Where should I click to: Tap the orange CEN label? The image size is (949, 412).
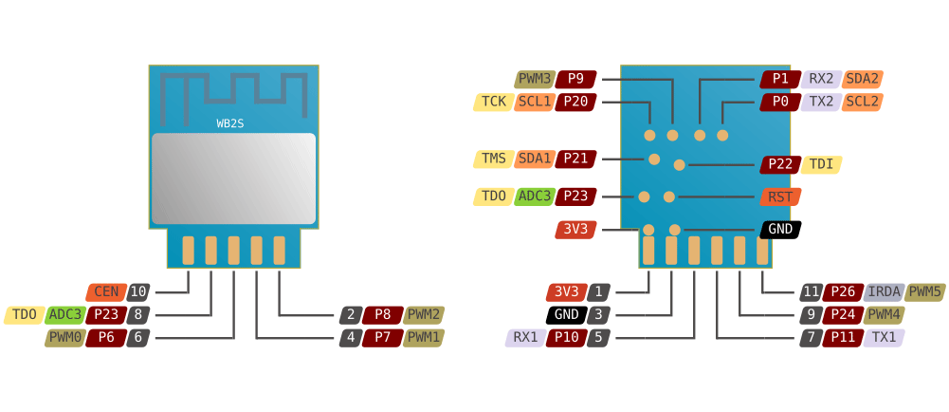click(106, 291)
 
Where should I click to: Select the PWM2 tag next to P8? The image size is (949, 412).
click(424, 314)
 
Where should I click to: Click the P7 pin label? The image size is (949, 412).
click(382, 337)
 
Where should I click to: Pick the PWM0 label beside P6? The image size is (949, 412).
click(64, 337)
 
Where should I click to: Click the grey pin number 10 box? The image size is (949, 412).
click(138, 291)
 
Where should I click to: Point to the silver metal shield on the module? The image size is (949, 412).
click(233, 178)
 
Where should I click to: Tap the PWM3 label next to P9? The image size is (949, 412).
click(535, 79)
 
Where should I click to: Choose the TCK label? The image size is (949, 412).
click(493, 102)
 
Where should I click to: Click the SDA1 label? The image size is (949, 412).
click(535, 159)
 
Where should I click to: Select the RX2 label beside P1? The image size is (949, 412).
click(821, 79)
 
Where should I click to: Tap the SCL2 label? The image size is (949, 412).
click(862, 102)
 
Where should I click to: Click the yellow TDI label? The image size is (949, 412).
click(822, 164)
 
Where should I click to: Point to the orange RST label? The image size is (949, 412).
click(780, 197)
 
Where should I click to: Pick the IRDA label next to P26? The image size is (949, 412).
click(884, 291)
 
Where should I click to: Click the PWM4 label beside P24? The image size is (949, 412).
click(884, 314)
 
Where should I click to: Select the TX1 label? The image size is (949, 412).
click(884, 337)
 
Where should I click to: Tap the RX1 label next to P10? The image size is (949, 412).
click(525, 337)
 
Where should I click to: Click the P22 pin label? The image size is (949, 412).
click(780, 164)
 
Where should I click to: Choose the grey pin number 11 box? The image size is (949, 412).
click(811, 291)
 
